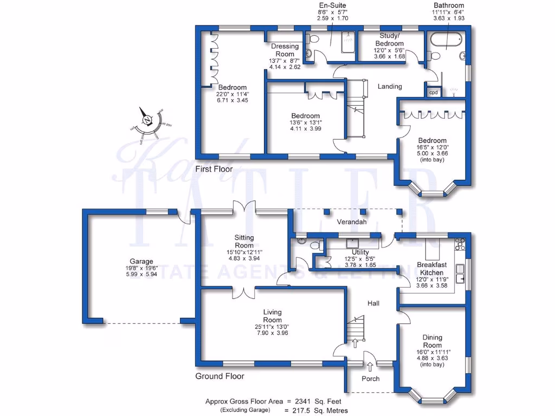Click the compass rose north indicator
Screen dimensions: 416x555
pos(146,121)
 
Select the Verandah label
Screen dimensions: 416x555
pos(352,222)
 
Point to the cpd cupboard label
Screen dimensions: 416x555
pos(434,93)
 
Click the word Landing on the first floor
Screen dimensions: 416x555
pos(390,86)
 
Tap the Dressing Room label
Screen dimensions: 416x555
pos(285,50)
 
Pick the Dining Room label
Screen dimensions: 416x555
pos(433,341)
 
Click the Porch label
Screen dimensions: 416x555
pos(371,379)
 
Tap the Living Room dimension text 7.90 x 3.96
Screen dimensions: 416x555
pos(272,333)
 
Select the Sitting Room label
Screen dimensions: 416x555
pos(244,241)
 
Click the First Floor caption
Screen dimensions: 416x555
pos(214,169)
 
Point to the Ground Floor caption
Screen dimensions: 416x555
pos(220,376)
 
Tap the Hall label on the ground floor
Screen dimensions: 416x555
pos(373,303)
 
